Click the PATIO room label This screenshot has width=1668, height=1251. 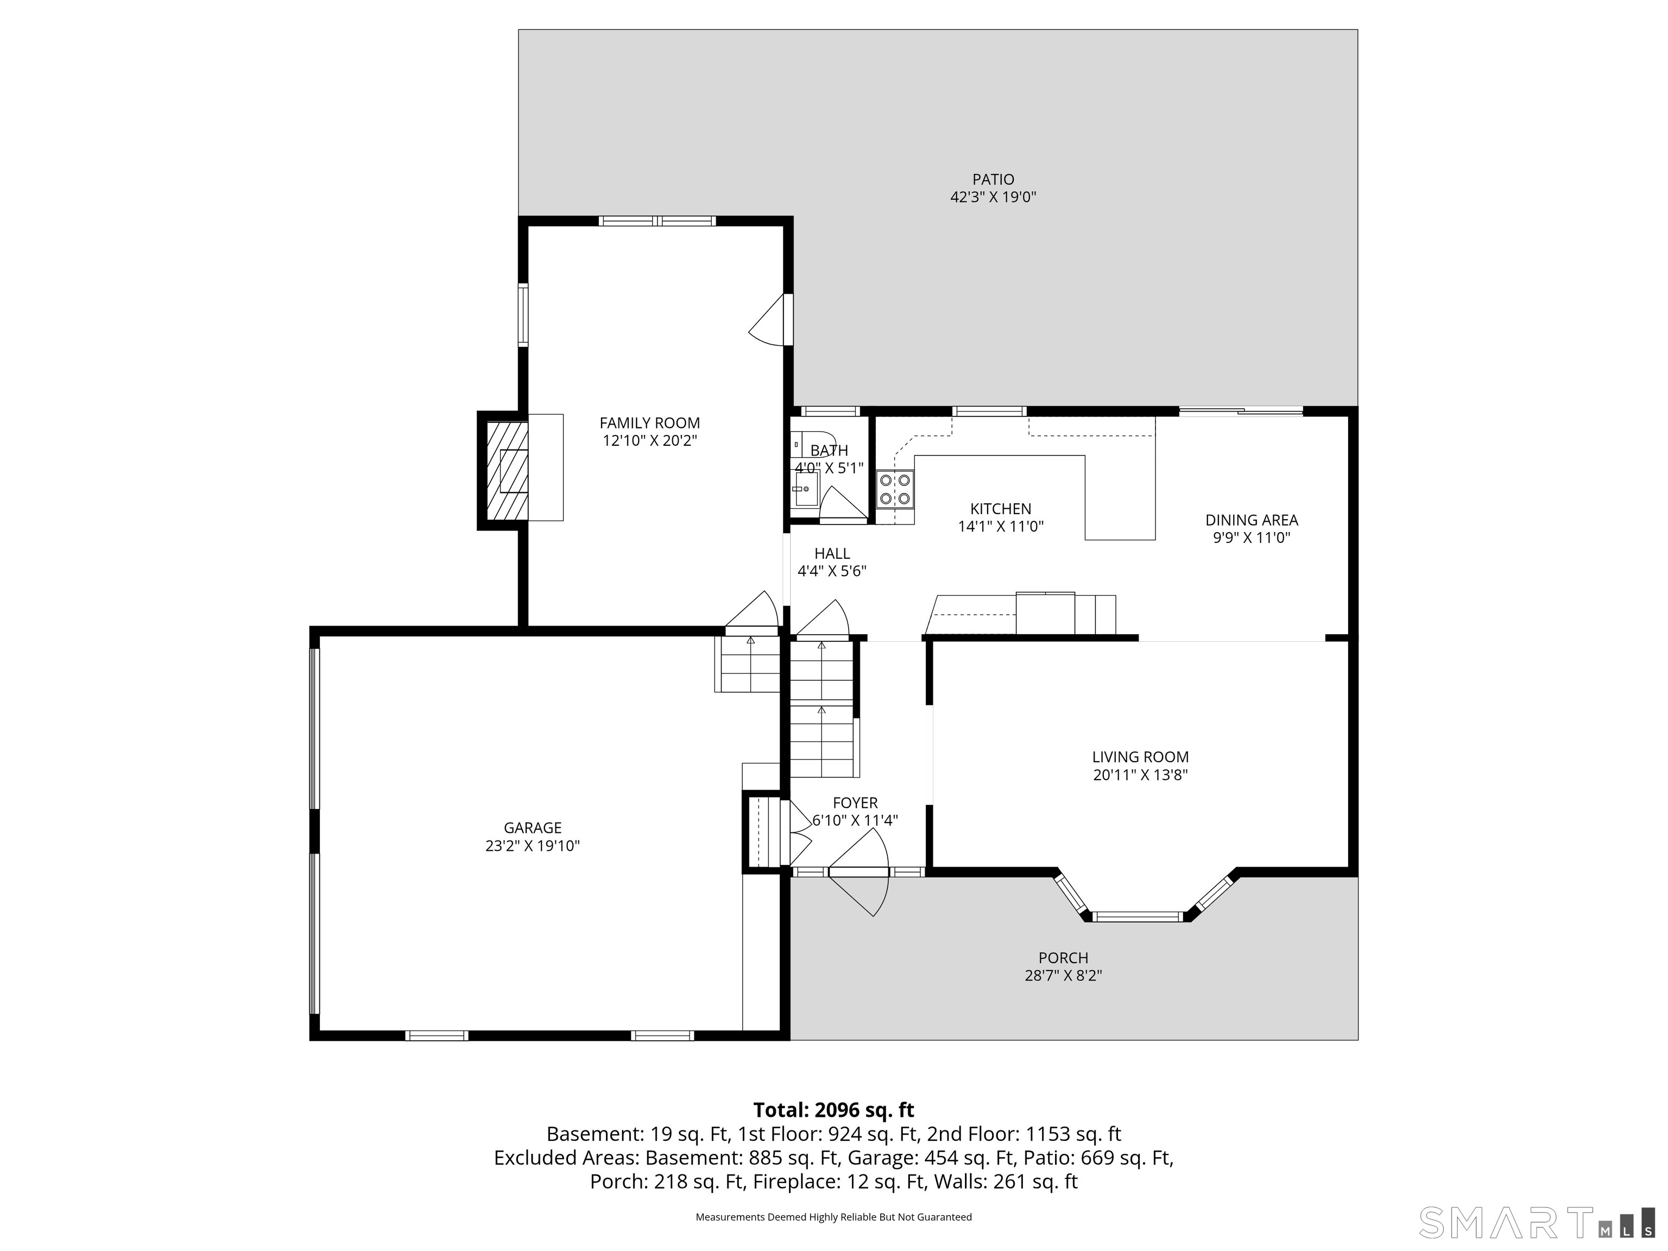tap(993, 180)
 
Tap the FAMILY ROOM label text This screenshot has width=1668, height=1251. tap(649, 423)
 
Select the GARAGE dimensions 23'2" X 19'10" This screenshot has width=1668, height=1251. tap(532, 846)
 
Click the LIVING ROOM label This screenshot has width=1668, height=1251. tap(1140, 757)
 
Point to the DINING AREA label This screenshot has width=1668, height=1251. tap(1252, 520)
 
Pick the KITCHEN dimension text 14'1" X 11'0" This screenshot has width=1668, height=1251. tap(1001, 526)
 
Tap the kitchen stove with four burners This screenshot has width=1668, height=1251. tap(895, 489)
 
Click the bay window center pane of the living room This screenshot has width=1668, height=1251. tap(1138, 917)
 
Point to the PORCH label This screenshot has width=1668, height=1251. tap(1063, 958)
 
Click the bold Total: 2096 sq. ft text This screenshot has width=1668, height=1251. tap(833, 1110)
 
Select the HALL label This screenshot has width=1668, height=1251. tap(832, 553)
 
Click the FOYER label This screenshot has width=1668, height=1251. tap(855, 803)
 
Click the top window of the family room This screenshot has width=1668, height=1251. tap(657, 221)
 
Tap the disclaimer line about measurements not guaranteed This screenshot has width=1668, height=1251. tap(833, 1217)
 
